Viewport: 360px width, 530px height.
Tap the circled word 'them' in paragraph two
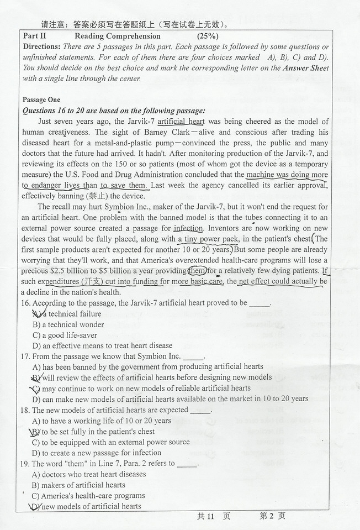pos(197,271)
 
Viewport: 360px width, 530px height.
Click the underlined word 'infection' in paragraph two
pos(188,228)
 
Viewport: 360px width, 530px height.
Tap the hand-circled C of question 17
pos(36,388)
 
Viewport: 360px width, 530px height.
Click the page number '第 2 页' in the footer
pos(273,516)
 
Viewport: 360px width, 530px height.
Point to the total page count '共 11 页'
pos(213,516)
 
